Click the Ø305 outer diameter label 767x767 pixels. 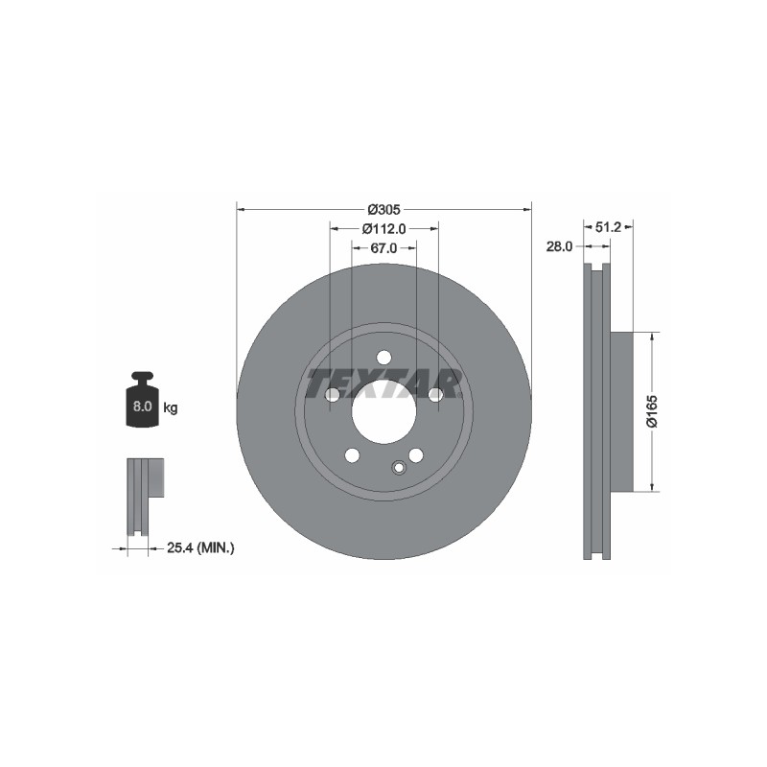coord(384,209)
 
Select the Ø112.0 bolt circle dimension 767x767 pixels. coord(384,228)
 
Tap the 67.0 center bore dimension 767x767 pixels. coord(383,248)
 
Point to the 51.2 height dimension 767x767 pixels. coord(608,227)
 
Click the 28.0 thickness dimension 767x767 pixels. coord(559,246)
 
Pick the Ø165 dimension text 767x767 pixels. coord(653,411)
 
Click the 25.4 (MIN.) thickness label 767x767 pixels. coord(200,547)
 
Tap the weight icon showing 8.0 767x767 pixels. coord(142,399)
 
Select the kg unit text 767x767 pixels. coord(171,407)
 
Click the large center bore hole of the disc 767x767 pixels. coord(384,412)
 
